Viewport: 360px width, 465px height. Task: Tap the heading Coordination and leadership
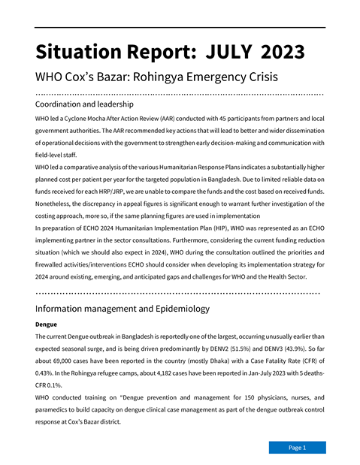(x=84, y=104)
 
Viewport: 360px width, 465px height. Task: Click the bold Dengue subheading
(x=47, y=324)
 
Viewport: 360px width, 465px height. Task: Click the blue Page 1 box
(x=297, y=448)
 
